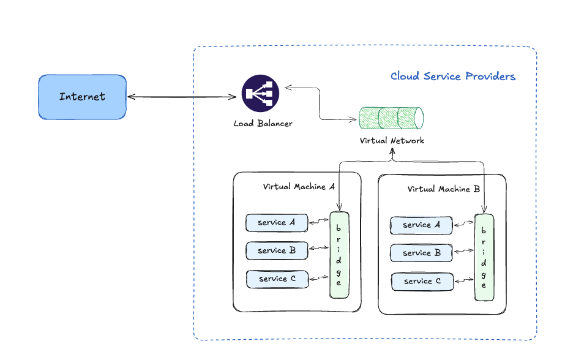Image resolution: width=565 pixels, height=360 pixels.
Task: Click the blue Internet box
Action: click(82, 97)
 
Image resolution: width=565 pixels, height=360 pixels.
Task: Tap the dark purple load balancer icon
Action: click(260, 93)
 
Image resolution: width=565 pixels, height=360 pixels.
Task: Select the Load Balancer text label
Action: click(263, 124)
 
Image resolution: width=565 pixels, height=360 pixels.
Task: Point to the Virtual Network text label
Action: click(392, 141)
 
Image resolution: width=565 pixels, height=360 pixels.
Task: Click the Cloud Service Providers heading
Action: click(452, 77)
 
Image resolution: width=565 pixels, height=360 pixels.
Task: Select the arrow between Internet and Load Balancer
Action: click(182, 97)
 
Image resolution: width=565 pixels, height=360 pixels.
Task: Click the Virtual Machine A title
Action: click(299, 187)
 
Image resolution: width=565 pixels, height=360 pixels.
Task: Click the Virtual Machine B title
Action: click(443, 189)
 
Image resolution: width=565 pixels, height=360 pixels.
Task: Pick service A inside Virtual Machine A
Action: click(276, 223)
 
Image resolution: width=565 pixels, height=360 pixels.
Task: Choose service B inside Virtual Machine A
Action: click(276, 250)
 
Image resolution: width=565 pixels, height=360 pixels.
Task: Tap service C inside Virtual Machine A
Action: click(277, 279)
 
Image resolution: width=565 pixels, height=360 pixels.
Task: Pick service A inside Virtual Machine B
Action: click(421, 225)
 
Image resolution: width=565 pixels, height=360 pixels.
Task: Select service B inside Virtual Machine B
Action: click(421, 253)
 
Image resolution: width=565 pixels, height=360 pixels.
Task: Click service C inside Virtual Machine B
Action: click(422, 281)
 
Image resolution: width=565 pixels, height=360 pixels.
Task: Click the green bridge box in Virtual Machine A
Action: click(339, 255)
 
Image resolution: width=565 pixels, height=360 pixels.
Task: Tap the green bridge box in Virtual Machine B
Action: click(484, 257)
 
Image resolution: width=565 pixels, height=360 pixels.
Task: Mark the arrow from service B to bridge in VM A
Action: click(318, 249)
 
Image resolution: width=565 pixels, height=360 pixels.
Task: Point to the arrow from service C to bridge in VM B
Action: click(464, 280)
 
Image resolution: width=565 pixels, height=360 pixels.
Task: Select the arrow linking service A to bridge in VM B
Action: click(463, 224)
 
